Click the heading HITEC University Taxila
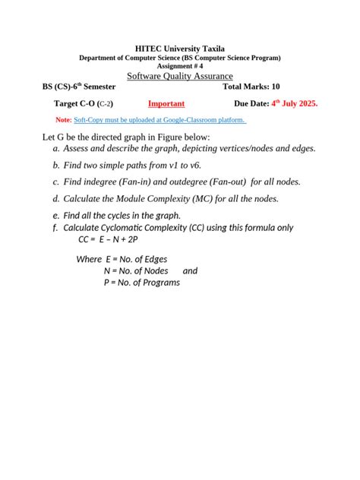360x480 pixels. tap(180, 49)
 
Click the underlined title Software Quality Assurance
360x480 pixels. tap(180, 76)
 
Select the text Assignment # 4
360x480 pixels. tap(180, 66)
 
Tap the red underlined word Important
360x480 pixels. tap(166, 103)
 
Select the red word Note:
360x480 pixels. tap(65, 120)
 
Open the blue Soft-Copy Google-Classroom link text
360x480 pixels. tap(160, 120)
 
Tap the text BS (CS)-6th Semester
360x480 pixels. tap(79, 87)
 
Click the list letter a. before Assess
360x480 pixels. tap(56, 149)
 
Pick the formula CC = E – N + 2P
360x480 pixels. tap(108, 238)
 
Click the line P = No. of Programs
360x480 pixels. tap(142, 283)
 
